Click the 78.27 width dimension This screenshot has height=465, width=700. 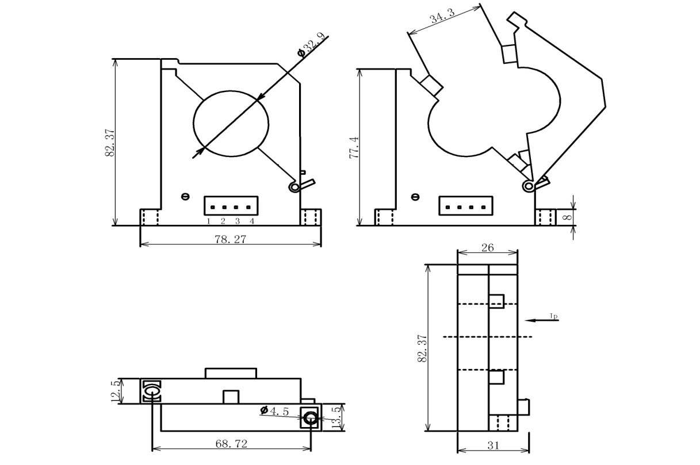(230, 239)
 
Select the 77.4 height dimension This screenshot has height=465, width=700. (354, 148)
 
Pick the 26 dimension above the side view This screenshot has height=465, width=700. (487, 249)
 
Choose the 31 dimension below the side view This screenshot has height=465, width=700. (492, 445)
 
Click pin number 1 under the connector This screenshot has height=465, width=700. (209, 221)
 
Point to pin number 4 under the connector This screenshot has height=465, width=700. (251, 221)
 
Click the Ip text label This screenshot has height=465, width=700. (553, 316)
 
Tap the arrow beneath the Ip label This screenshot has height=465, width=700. (541, 320)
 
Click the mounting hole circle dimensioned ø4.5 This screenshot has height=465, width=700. (311, 418)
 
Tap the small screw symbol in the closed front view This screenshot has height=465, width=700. (185, 197)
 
